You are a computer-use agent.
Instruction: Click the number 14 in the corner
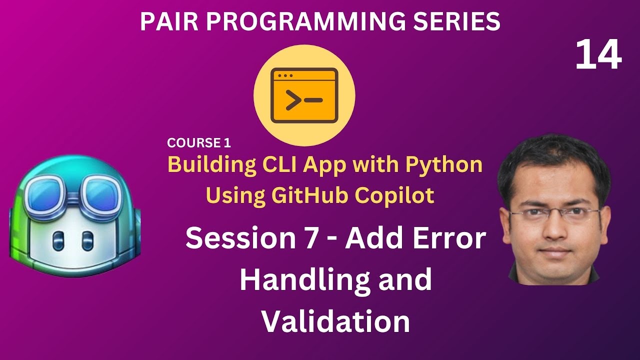[x=598, y=55]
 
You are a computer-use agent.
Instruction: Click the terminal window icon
[x=304, y=96]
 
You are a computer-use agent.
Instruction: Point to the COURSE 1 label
[x=199, y=143]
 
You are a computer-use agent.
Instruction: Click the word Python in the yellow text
[x=445, y=164]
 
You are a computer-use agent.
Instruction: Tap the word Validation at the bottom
[x=336, y=321]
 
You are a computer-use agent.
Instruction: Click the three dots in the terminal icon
[x=285, y=76]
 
